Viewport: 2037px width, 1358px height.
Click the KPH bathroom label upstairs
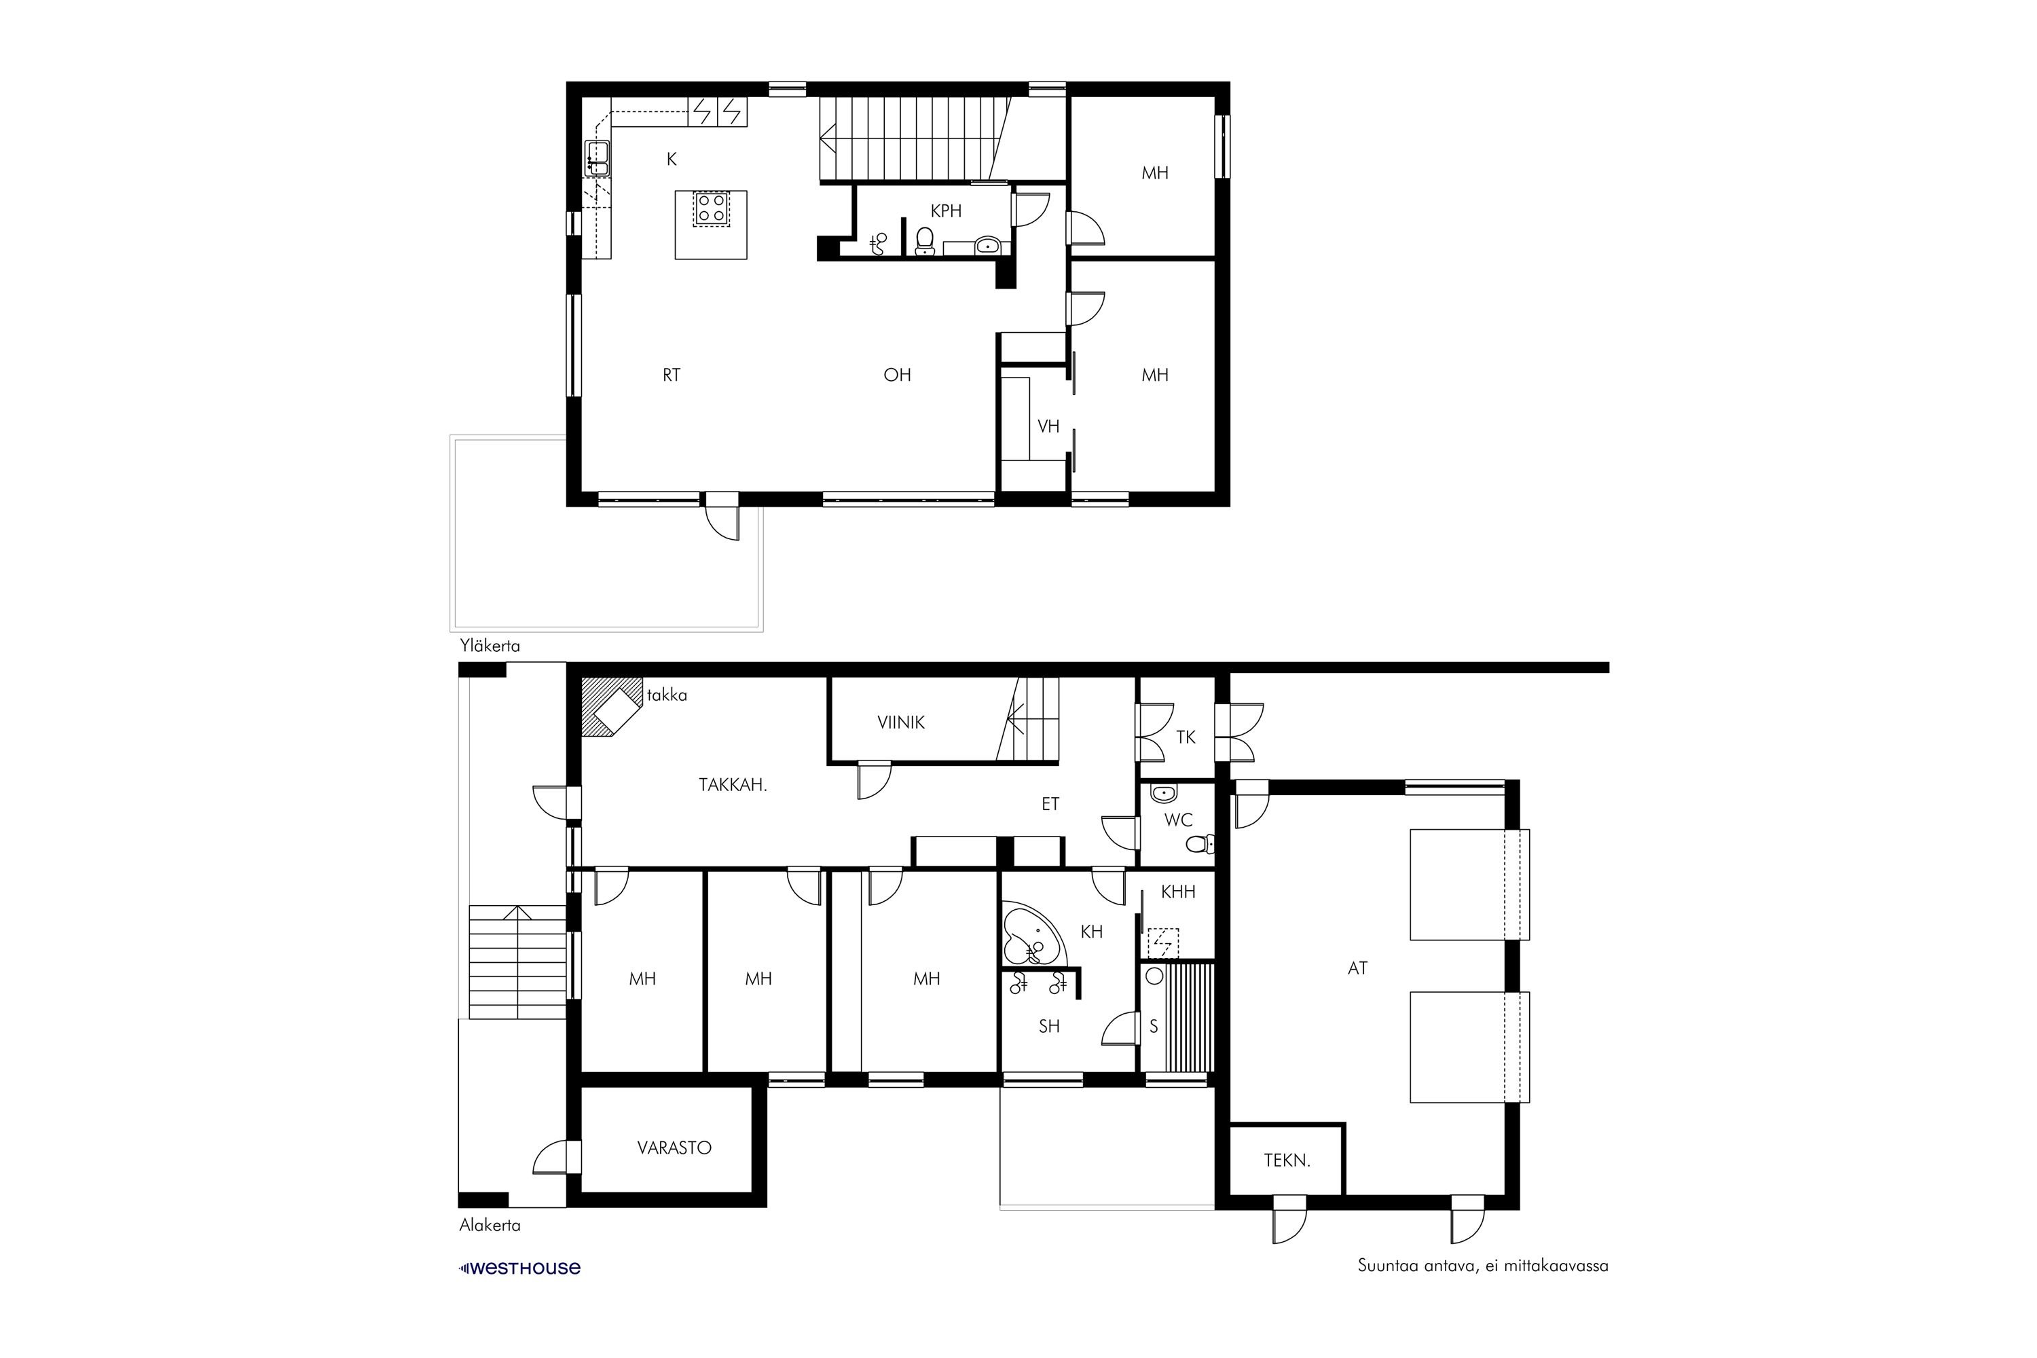946,210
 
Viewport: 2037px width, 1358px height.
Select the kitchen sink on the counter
597,158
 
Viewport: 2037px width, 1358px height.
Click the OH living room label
897,375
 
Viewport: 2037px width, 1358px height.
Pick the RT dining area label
672,375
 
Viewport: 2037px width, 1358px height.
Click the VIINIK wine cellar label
901,722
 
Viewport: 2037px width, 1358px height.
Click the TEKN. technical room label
1287,1160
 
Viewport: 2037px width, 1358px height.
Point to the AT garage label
1357,968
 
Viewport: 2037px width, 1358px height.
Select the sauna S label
1154,1026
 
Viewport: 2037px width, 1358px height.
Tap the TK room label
1186,737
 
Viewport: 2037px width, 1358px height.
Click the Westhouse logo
519,1268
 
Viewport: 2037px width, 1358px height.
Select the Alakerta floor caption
490,1226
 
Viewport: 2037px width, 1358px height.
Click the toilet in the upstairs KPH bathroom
925,242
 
